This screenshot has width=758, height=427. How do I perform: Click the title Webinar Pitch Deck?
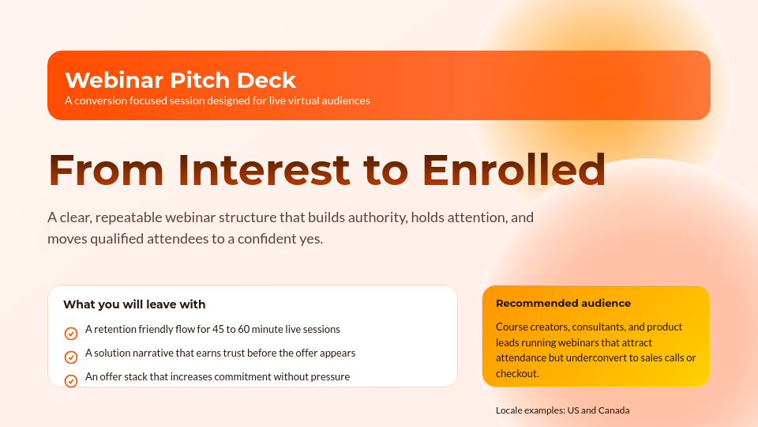tap(180, 80)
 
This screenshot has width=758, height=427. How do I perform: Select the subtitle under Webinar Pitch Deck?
tap(217, 100)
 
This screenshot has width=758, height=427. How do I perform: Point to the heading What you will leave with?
tap(134, 304)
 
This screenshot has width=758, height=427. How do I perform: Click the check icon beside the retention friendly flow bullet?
tap(71, 334)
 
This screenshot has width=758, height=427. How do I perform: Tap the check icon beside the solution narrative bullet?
tap(71, 357)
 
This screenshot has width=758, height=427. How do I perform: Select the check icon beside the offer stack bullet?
tap(71, 380)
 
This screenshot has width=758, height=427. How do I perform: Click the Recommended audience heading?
tap(563, 303)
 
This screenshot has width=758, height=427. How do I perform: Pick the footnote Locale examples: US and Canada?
tap(562, 410)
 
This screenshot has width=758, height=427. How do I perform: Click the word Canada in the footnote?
tap(614, 410)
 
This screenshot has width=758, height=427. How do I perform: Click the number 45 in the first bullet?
tap(250, 329)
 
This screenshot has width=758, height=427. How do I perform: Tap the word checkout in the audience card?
tap(516, 373)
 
